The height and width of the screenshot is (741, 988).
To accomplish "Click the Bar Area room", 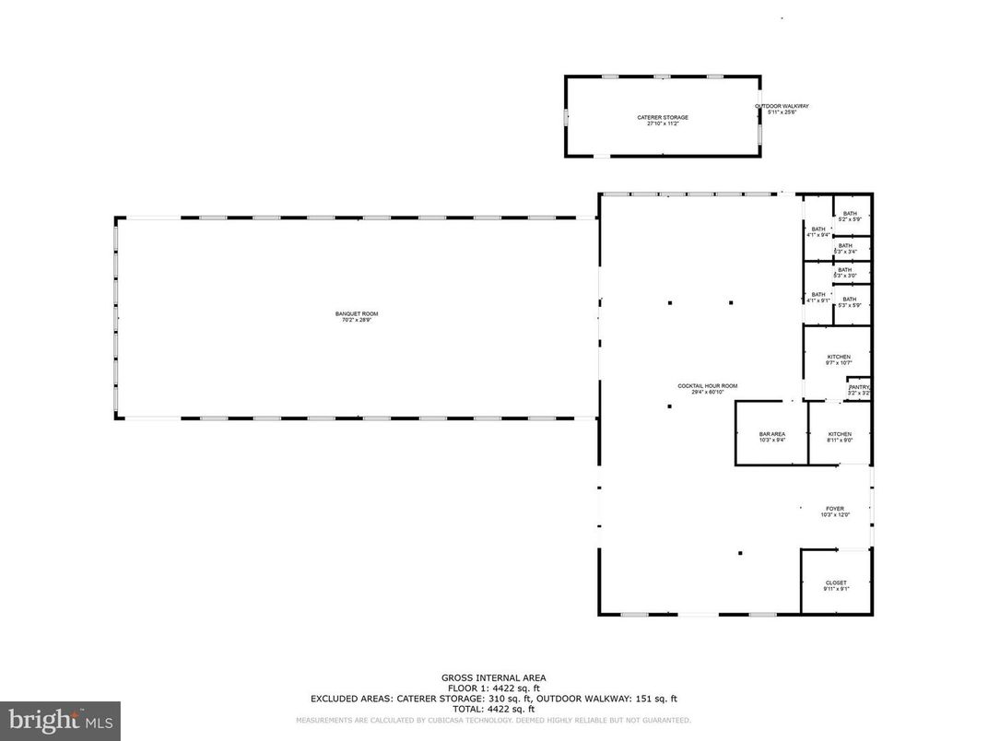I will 771,436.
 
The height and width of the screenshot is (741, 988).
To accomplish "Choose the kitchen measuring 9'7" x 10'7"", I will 839,359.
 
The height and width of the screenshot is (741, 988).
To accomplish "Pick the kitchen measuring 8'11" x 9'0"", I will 840,436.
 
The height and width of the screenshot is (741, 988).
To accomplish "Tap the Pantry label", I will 859,389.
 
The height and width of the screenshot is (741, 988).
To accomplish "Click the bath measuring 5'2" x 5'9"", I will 849,216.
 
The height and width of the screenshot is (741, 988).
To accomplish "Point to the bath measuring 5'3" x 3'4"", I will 845,248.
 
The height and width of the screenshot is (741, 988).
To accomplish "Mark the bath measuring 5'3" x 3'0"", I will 845,273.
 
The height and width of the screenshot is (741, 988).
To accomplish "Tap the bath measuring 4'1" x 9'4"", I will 817,231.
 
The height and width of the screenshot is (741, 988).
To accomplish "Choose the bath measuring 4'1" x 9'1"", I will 817,298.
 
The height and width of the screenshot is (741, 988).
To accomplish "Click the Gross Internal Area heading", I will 493,677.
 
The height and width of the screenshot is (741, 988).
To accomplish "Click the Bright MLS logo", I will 60,719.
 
